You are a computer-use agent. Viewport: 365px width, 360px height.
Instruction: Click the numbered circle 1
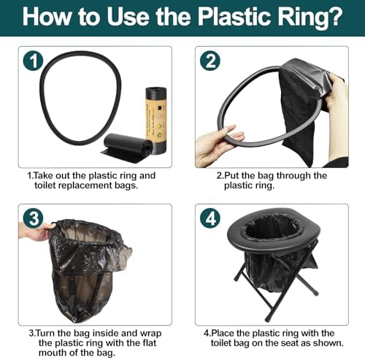pyautogui.click(x=33, y=61)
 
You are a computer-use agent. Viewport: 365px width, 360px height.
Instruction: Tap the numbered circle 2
pyautogui.click(x=210, y=61)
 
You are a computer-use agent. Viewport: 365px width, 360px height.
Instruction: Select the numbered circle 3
pyautogui.click(x=33, y=218)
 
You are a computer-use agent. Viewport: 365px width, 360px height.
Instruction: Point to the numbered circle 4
pyautogui.click(x=210, y=218)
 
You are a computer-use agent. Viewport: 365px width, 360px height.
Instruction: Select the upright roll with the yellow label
pyautogui.click(x=156, y=119)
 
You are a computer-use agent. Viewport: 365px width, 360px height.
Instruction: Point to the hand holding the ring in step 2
pyautogui.click(x=218, y=145)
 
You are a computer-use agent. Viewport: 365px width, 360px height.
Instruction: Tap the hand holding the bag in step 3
pyautogui.click(x=36, y=231)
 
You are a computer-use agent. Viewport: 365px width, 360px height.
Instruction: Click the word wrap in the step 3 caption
pyautogui.click(x=151, y=334)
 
